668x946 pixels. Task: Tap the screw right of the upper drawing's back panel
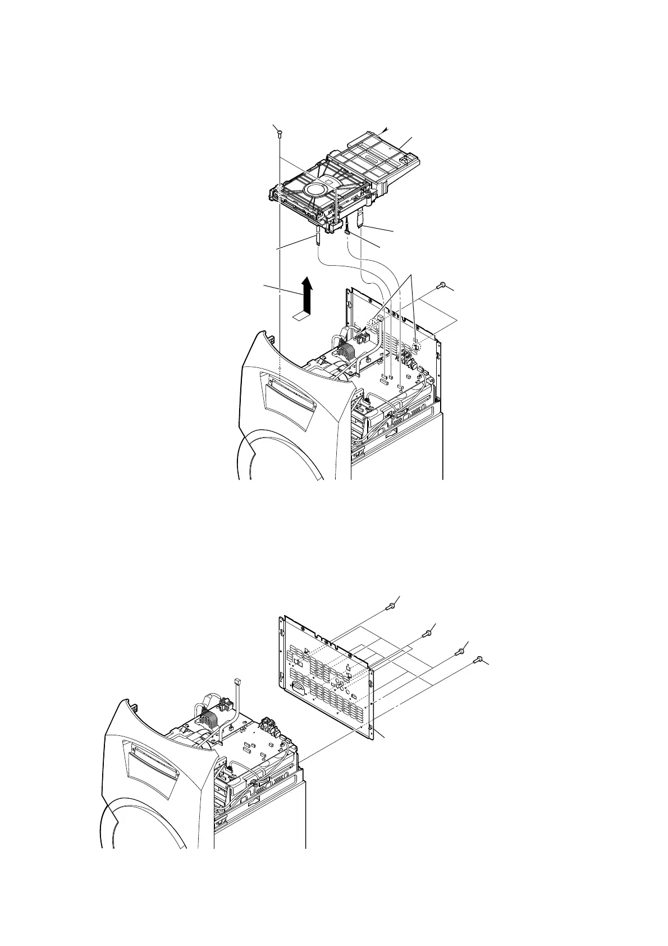click(x=442, y=285)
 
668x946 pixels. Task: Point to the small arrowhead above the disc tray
click(x=387, y=129)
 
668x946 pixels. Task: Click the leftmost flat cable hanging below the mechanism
click(x=318, y=235)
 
